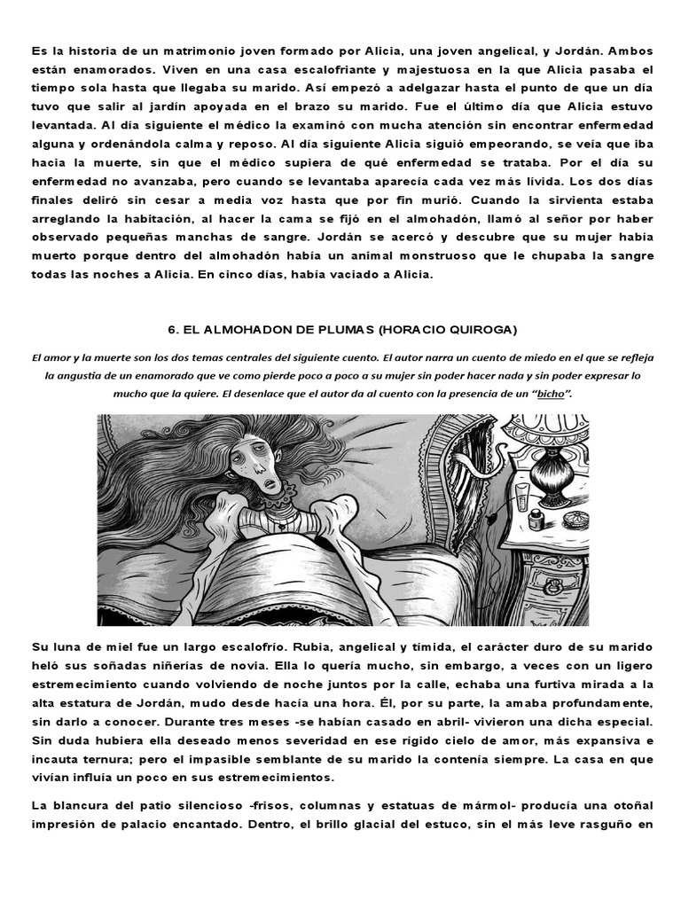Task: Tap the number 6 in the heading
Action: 171,330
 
